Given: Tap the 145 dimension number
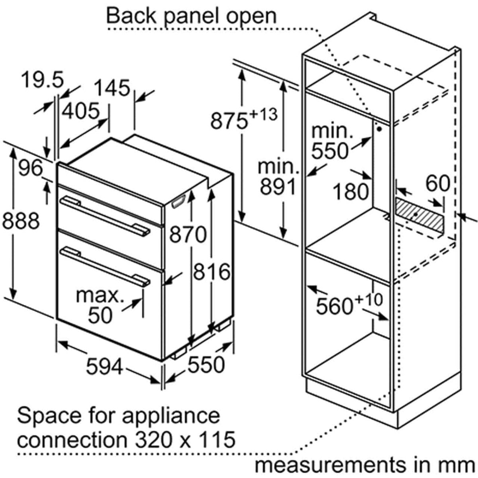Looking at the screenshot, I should [x=113, y=88].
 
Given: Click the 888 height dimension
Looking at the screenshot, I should [x=21, y=221].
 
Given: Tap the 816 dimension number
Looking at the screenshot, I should [x=212, y=272].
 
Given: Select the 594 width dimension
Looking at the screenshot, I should [x=105, y=366].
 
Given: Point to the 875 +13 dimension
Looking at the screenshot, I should [x=243, y=119].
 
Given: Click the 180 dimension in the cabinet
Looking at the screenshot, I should [x=350, y=192].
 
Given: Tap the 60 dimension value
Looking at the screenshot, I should [x=437, y=184].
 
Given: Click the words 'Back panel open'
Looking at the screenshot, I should [x=191, y=16].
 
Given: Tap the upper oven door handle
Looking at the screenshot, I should [x=104, y=215].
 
